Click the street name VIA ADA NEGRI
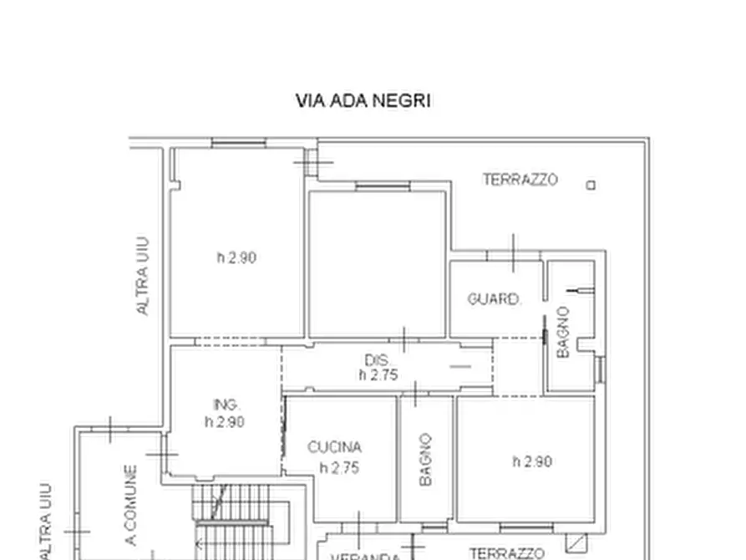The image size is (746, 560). click(363, 101)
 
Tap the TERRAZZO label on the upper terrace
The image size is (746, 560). click(520, 180)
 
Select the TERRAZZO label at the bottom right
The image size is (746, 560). click(507, 552)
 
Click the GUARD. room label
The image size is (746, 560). click(495, 299)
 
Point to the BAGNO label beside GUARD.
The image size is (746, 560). click(563, 333)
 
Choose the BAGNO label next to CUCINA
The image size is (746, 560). click(425, 460)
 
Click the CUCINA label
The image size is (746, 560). click(334, 448)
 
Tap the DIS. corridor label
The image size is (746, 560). click(378, 360)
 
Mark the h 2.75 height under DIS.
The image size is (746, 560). click(378, 375)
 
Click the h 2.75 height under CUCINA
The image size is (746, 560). click(339, 468)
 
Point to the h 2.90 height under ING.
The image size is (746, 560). click(225, 422)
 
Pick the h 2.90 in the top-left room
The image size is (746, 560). click(236, 258)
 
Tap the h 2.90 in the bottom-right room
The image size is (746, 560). click(532, 461)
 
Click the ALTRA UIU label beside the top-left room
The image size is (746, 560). click(143, 275)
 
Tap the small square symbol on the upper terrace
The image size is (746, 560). click(591, 186)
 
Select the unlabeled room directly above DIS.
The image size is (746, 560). click(376, 263)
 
